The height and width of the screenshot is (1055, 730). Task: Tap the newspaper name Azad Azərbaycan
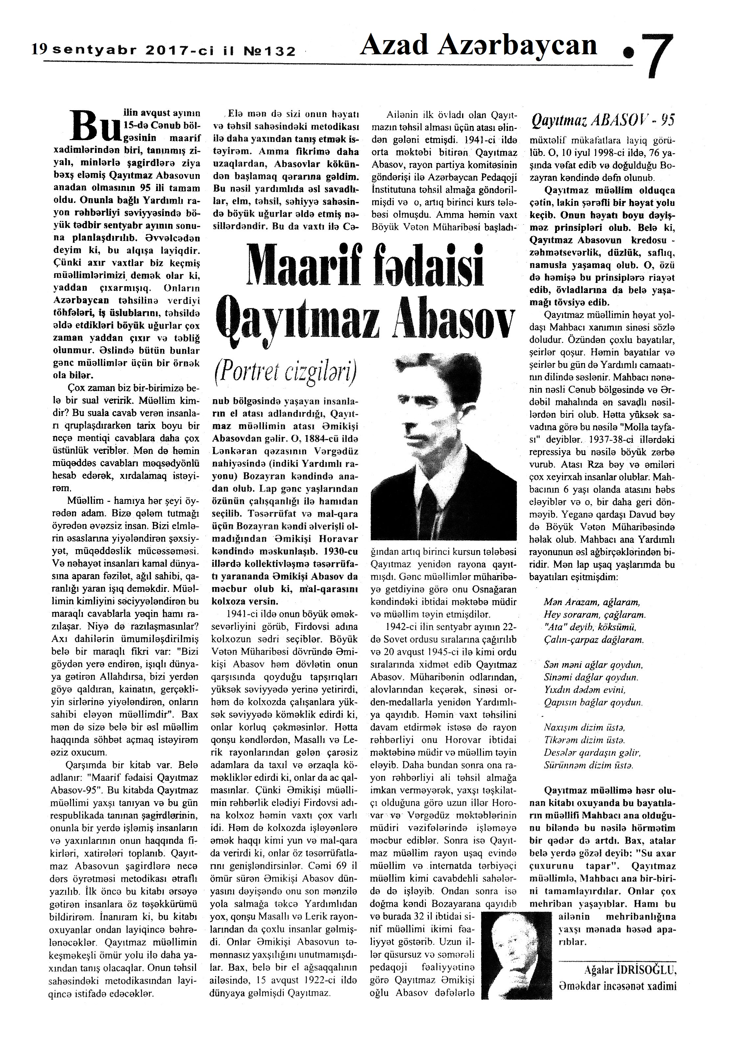478,46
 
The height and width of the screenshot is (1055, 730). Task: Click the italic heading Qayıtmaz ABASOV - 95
604,120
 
